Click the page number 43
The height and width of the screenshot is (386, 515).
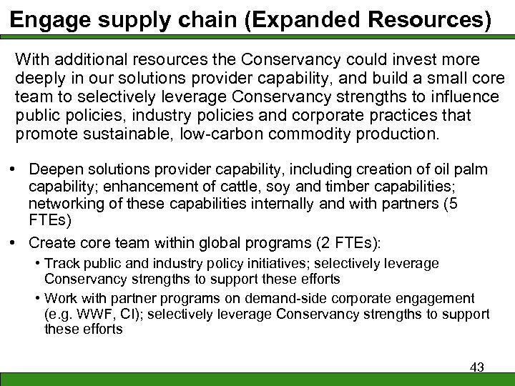(477, 367)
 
